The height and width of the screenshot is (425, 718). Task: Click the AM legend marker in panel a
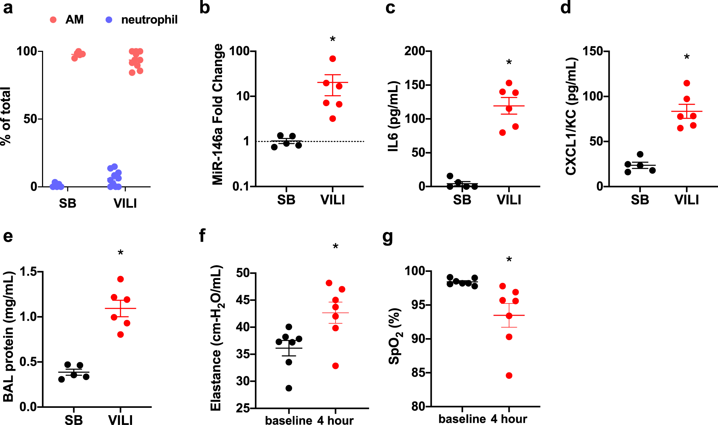coord(53,20)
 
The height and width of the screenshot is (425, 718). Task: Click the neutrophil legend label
coord(149,20)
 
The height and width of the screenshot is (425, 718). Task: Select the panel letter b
coord(205,8)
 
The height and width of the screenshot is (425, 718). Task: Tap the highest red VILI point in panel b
coord(333,59)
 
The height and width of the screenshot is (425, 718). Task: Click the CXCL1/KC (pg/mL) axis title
coord(571,116)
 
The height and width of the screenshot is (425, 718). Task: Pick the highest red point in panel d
coord(686,83)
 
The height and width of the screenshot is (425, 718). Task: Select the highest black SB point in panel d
coord(640,154)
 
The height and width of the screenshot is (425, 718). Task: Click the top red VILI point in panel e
coord(120,279)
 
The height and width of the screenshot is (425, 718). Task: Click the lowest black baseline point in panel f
coord(289,388)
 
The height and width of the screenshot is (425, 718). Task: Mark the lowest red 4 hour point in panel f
coord(336,366)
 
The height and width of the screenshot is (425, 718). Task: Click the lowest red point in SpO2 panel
coord(509,376)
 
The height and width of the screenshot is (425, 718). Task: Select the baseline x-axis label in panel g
coord(462,419)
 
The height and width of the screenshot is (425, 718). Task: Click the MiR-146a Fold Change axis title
coord(218,115)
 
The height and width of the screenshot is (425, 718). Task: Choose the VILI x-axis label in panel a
coord(125,203)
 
